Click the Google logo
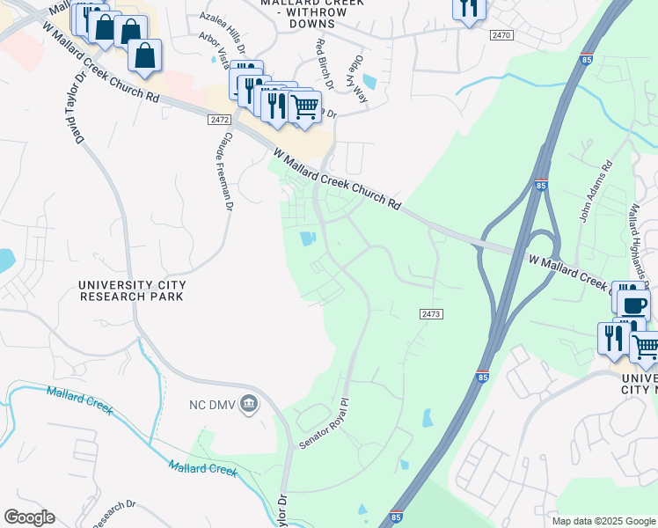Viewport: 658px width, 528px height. point(29,517)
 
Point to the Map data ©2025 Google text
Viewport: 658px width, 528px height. point(603,521)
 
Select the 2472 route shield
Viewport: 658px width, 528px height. point(220,120)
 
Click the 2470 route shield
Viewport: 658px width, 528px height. point(501,34)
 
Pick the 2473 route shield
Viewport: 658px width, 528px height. point(431,314)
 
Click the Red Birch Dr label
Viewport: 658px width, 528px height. point(325,64)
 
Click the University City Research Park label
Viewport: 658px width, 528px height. point(131,290)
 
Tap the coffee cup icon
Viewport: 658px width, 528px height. point(633,304)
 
